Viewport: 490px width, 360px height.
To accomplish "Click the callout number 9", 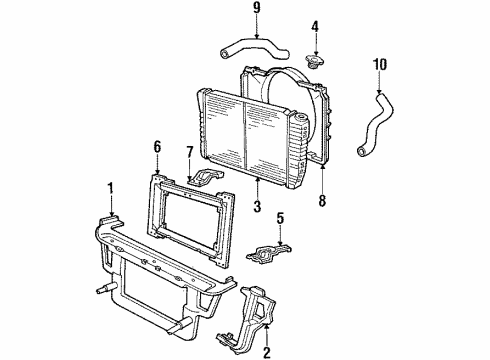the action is coord(256,8).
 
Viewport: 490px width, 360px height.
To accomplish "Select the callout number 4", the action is coord(315,26).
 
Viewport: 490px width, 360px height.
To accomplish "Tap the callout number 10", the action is coord(380,64).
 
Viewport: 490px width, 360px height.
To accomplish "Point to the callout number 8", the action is coord(322,201).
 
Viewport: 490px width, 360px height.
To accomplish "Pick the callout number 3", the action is coord(257,206).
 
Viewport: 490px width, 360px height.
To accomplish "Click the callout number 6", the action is coord(157,147).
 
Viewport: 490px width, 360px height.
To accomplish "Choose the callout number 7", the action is coord(189,152).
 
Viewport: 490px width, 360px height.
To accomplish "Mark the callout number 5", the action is coord(280,218).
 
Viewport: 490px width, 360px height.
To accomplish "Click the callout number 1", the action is coord(110,188).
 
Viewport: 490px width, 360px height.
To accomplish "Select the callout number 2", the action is coord(267,352).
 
